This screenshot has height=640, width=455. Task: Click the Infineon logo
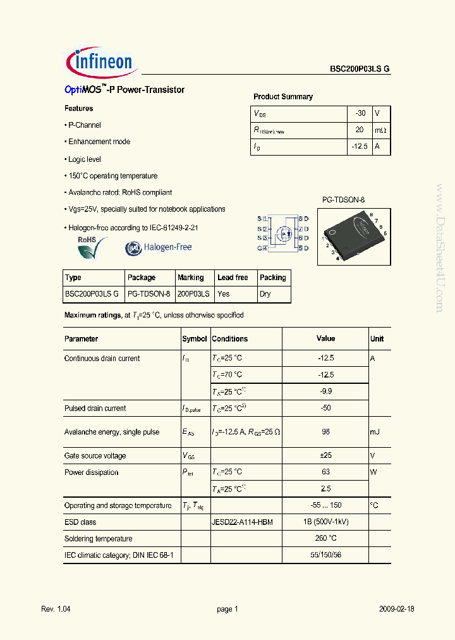coord(100,61)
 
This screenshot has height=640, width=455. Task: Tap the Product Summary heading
coord(282,97)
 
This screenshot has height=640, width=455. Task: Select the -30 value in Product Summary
coord(360,113)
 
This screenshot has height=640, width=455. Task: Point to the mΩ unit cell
coord(380,130)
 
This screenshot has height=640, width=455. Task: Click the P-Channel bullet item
coord(84,125)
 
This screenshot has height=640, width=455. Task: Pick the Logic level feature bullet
coord(84,159)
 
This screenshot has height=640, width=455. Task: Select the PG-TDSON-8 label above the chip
coord(343,200)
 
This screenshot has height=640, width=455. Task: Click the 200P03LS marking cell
coord(194,294)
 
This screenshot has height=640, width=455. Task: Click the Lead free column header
coord(233,278)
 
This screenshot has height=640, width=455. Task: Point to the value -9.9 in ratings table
coord(325,391)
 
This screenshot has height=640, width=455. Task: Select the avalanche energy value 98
coord(325,432)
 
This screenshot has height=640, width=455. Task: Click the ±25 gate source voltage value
coord(325,455)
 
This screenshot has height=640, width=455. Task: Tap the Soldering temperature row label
coord(99,539)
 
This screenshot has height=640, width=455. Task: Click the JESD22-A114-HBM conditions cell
coord(242,522)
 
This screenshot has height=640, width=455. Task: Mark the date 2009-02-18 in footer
coord(396,609)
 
